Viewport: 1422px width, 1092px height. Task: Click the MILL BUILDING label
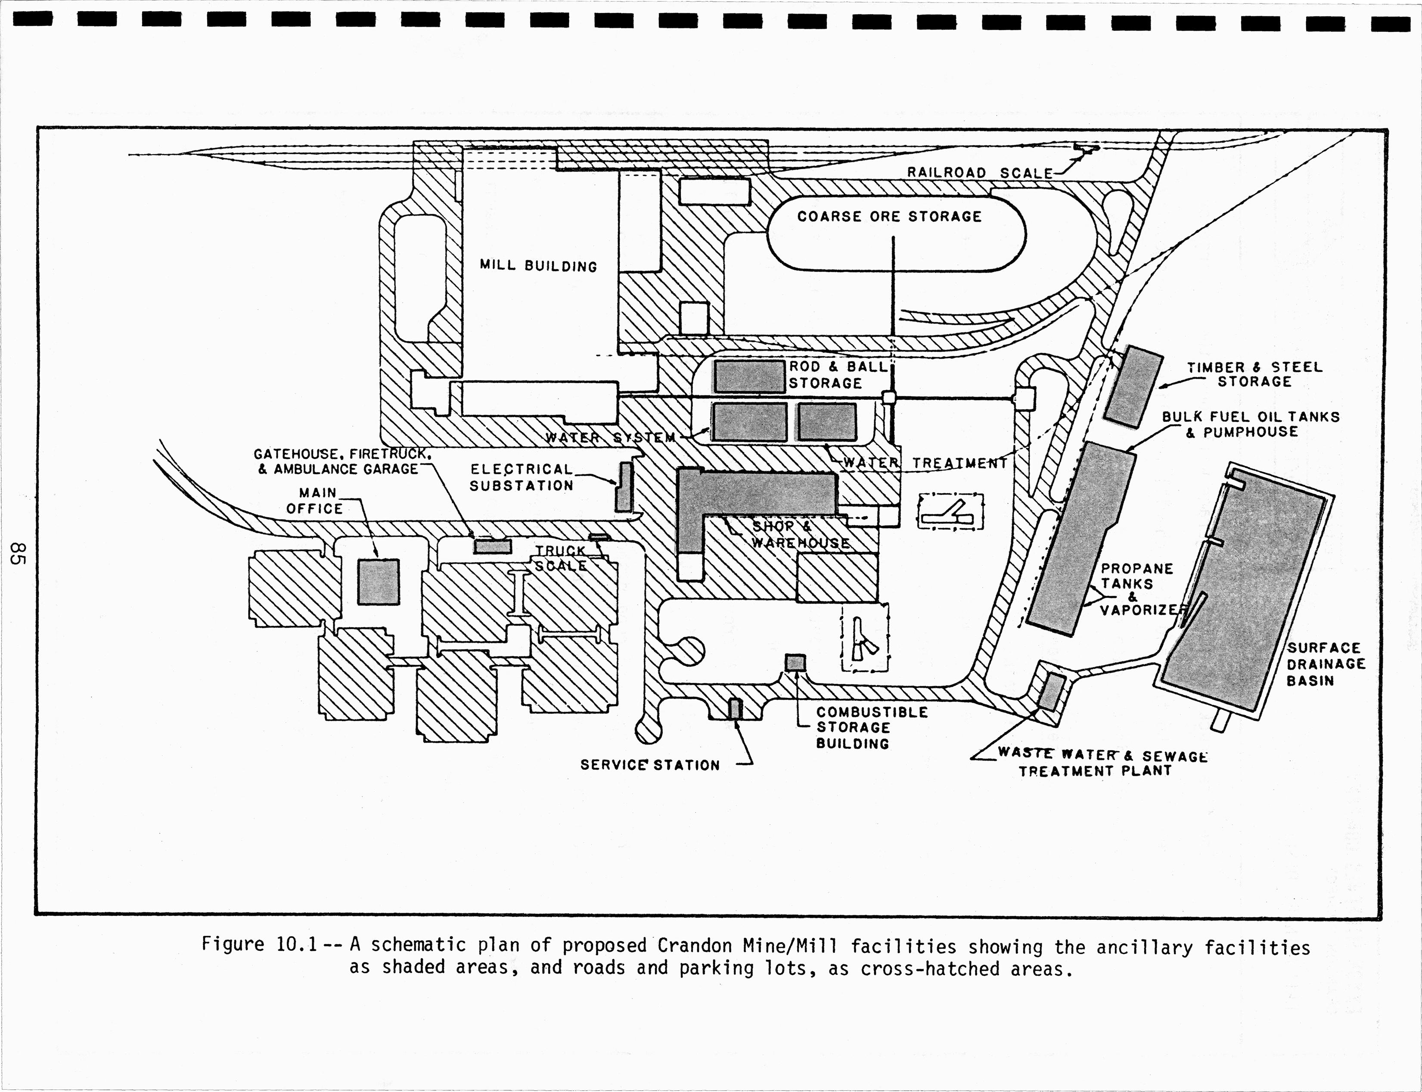point(538,266)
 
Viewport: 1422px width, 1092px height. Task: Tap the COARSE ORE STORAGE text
point(889,216)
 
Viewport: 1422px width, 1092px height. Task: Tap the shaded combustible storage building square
point(795,663)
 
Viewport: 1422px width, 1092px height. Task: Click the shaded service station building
point(735,709)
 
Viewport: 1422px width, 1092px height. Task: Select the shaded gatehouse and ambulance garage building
point(492,547)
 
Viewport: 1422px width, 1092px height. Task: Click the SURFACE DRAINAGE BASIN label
point(1325,664)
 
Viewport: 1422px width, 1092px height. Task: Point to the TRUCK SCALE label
point(561,558)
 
